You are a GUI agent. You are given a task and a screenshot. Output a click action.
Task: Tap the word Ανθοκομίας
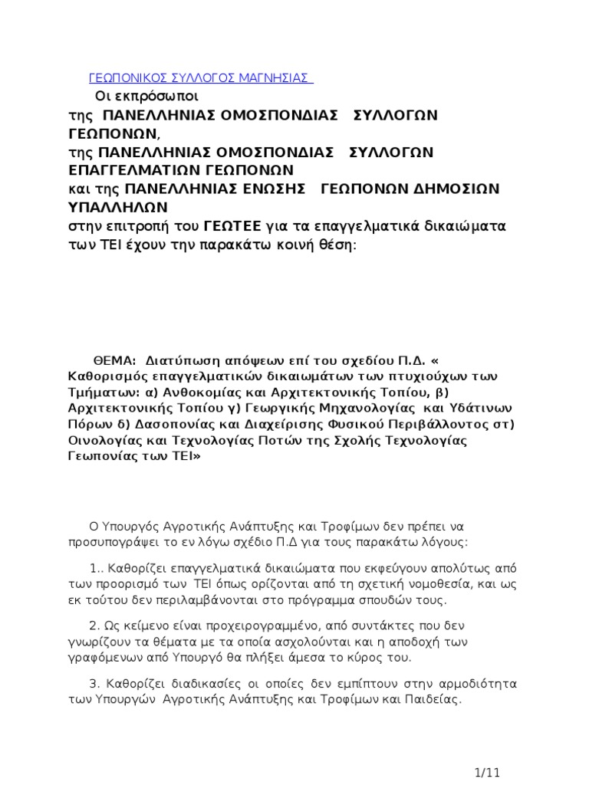point(199,392)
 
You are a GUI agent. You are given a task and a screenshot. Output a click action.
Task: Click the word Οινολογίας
point(95,441)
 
